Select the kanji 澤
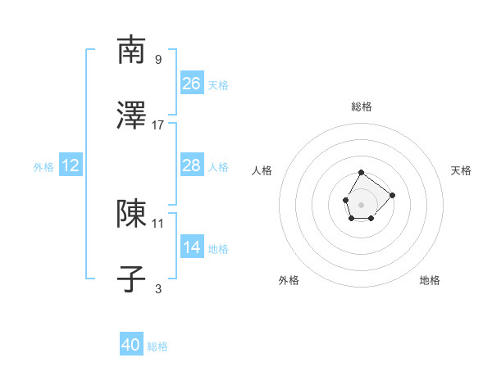[x=131, y=116]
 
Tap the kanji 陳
[x=131, y=213]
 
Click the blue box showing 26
[x=191, y=83]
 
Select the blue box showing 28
[x=191, y=165]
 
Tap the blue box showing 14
[x=191, y=247]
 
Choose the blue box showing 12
[x=71, y=165]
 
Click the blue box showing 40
[x=131, y=345]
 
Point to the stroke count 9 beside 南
[x=158, y=59]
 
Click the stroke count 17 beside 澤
[x=158, y=125]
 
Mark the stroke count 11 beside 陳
[x=158, y=222]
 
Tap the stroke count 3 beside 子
[x=158, y=288]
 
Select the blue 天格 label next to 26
[x=218, y=84]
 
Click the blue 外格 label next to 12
[x=43, y=167]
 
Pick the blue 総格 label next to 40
[x=157, y=346]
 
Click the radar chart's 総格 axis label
[x=362, y=106]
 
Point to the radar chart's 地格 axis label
[x=430, y=280]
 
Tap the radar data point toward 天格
[x=392, y=195]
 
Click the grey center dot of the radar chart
[x=361, y=203]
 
